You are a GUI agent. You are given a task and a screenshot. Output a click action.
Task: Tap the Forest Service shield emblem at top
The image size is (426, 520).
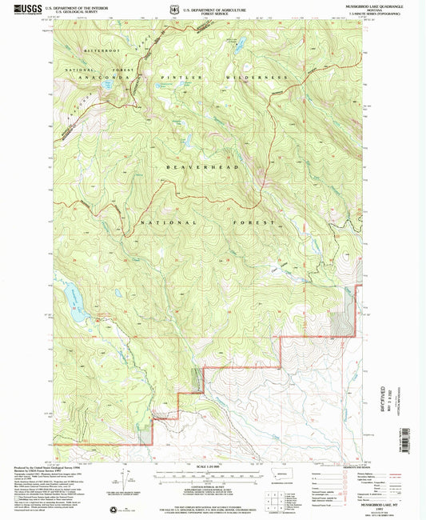173,10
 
